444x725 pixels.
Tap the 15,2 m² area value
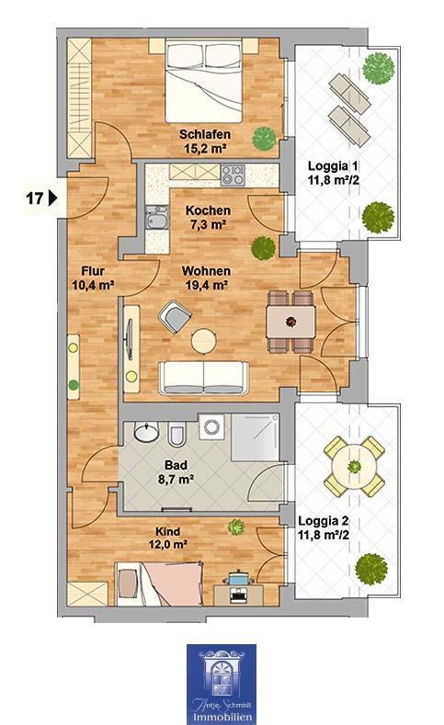[204, 149]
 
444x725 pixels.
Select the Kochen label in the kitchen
[207, 210]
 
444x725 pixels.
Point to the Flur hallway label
[91, 271]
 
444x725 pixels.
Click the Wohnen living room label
[205, 271]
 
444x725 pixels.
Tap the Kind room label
[167, 531]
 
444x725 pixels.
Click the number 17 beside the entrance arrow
[34, 197]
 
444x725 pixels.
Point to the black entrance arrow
[54, 197]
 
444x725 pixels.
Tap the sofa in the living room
[203, 376]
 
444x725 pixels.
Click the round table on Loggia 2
[352, 466]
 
